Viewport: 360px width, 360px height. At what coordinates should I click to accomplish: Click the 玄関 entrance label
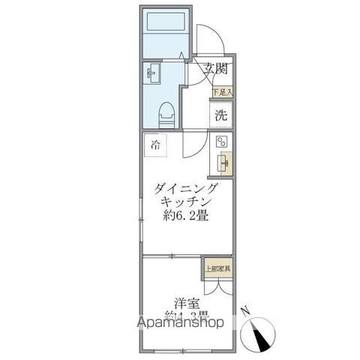[217, 69]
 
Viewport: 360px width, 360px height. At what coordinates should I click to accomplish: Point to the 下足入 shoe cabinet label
[222, 92]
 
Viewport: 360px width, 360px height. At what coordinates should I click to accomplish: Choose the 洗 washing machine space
[220, 115]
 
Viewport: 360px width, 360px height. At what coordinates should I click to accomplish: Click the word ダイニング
[187, 188]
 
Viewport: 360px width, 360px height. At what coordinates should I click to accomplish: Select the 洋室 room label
[187, 303]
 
